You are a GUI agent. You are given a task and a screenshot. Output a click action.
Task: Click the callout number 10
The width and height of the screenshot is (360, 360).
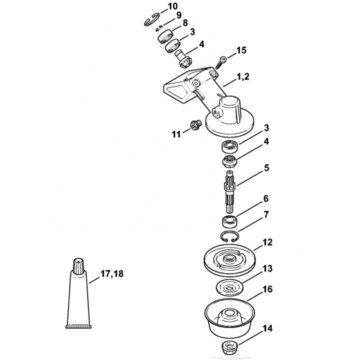(x=172, y=6)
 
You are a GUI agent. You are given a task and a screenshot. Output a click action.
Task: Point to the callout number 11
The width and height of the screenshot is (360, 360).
(x=175, y=134)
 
